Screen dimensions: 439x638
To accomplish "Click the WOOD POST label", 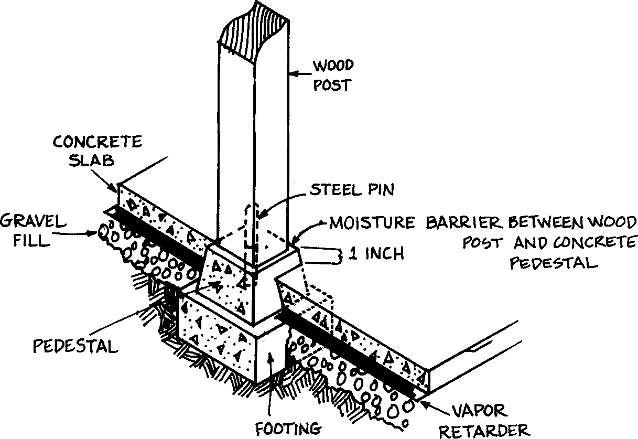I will coord(333,76).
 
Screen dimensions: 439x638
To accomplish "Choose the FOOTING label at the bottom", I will coord(288,428).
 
